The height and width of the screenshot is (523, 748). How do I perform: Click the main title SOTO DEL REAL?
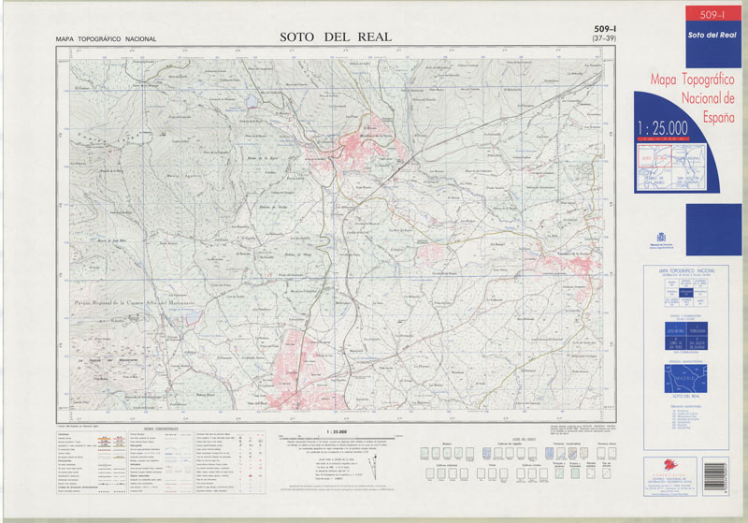(x=335, y=37)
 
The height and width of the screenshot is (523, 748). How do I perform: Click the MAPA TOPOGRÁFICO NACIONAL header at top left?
(x=106, y=39)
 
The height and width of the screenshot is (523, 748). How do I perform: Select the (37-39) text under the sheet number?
(x=604, y=39)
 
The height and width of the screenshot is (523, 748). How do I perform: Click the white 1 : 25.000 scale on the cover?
(x=662, y=127)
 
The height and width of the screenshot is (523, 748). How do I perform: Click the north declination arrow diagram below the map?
(x=375, y=464)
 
